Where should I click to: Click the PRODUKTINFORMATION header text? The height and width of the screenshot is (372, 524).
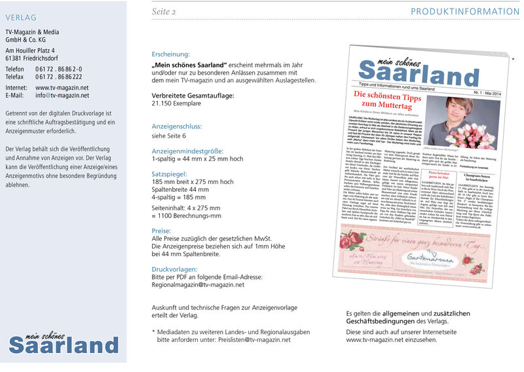(x=464, y=12)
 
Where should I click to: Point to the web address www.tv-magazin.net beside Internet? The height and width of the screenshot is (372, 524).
(x=62, y=87)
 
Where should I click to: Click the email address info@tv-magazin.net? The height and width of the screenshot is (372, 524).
(x=62, y=95)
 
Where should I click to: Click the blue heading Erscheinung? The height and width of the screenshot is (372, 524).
(x=171, y=54)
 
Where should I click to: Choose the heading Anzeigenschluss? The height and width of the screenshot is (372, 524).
(x=177, y=126)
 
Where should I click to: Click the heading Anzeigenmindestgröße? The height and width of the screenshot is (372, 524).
(x=187, y=150)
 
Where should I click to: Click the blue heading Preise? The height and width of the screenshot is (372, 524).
(x=162, y=231)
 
